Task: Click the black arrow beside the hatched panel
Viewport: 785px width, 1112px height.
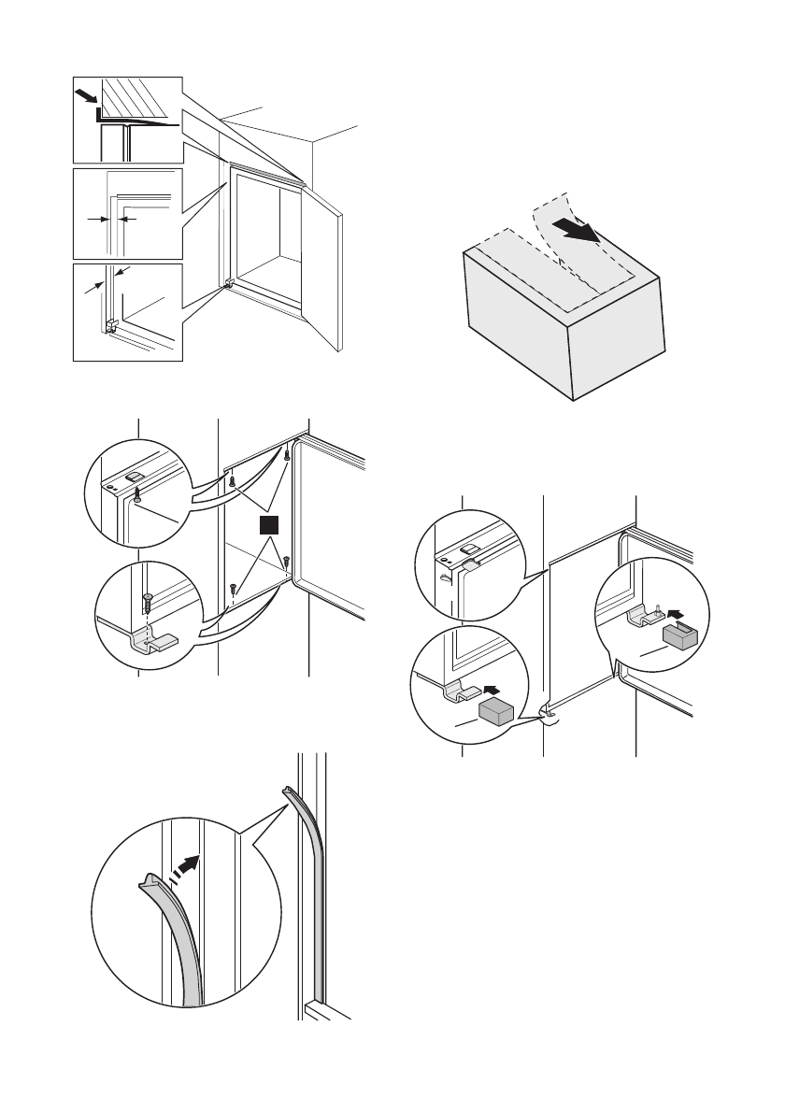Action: pyautogui.click(x=85, y=95)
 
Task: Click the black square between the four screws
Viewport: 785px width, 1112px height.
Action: pyautogui.click(x=269, y=527)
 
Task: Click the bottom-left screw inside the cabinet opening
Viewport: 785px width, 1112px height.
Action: pyautogui.click(x=232, y=589)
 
